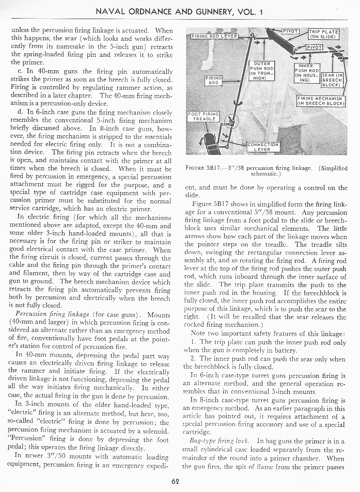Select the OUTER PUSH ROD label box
(x=261, y=70)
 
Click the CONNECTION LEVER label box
(x=263, y=147)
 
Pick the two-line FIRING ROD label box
(x=213, y=80)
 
